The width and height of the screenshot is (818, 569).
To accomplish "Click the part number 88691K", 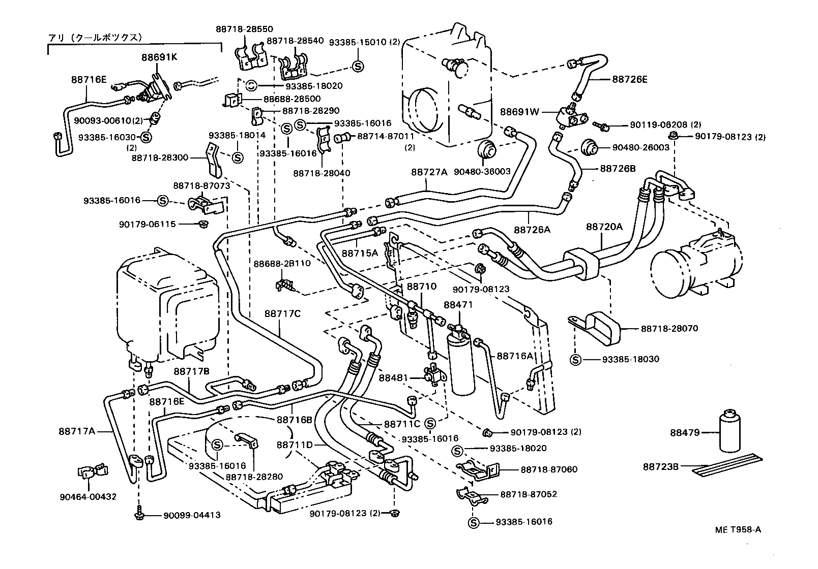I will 159,57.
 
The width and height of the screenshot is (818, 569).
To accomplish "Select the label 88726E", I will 630,79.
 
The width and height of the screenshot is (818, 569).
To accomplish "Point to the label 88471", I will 458,305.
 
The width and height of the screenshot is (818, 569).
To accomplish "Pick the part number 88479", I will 685,433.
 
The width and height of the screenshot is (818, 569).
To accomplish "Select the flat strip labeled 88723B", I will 728,469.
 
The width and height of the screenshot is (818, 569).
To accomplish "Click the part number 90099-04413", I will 192,515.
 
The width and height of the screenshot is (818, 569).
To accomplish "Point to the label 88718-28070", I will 669,328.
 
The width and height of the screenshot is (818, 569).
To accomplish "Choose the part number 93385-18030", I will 630,359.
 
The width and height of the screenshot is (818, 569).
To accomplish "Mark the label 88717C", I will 282,313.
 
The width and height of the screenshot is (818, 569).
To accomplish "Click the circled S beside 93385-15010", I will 357,66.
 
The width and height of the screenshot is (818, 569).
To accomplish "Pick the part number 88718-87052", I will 529,494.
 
